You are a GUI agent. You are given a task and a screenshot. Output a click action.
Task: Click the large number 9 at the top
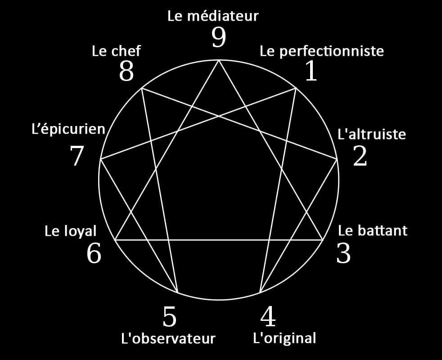point(219,37)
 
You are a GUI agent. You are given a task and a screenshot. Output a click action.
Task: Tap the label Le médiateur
point(213,16)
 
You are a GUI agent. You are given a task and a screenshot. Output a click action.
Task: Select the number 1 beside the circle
point(311,71)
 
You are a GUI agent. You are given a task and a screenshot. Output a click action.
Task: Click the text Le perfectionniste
point(322,51)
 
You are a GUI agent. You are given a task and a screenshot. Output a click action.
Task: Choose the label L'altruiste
point(371,134)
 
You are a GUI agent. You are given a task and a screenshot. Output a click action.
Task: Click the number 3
point(343,253)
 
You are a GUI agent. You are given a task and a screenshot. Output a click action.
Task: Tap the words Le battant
point(372,230)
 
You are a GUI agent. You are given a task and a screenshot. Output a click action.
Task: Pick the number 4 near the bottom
point(268,316)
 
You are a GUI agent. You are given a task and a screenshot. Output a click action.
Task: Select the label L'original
point(284,338)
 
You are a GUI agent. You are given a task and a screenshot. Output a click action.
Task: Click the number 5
point(169,317)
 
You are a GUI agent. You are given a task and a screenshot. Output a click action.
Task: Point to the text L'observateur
point(168,338)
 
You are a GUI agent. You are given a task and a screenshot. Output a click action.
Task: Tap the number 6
point(94,253)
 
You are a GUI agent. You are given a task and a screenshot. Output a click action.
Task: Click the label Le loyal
point(71,231)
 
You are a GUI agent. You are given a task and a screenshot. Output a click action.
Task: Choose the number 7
point(77,156)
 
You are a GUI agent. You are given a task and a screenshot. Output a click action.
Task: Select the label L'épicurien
point(68,130)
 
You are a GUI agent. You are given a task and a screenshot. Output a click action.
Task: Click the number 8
point(126,71)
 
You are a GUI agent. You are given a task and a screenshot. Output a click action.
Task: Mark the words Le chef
point(116,51)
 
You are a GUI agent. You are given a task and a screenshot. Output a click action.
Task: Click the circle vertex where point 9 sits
point(219,60)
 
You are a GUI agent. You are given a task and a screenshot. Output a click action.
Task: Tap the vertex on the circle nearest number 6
point(115,240)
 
